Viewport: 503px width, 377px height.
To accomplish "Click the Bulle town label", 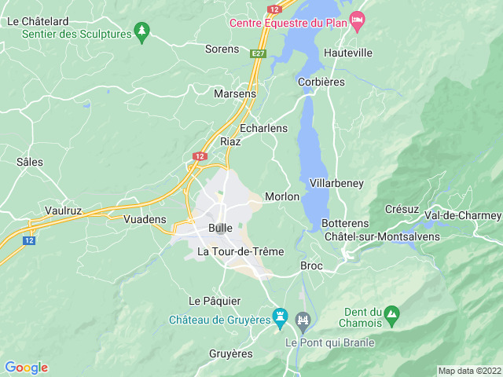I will pyautogui.click(x=220, y=228).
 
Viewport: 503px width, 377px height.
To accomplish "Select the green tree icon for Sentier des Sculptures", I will pyautogui.click(x=141, y=31).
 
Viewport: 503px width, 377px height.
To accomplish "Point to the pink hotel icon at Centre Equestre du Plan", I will pyautogui.click(x=358, y=20).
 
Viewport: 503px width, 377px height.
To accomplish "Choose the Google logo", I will pyautogui.click(x=26, y=368).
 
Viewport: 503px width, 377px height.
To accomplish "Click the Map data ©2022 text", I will pyautogui.click(x=468, y=371).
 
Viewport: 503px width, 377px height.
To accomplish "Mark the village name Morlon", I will pyautogui.click(x=282, y=196).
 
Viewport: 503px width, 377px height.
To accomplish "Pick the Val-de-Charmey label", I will pyautogui.click(x=462, y=215).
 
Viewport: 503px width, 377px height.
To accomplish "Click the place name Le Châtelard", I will pyautogui.click(x=38, y=21).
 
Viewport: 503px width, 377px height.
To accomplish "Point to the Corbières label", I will pyautogui.click(x=322, y=82).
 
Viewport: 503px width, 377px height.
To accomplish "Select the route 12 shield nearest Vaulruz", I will pyautogui.click(x=29, y=240).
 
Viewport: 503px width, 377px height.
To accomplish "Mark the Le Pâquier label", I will pyautogui.click(x=215, y=301).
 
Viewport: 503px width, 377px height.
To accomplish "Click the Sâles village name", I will pyautogui.click(x=30, y=162).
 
